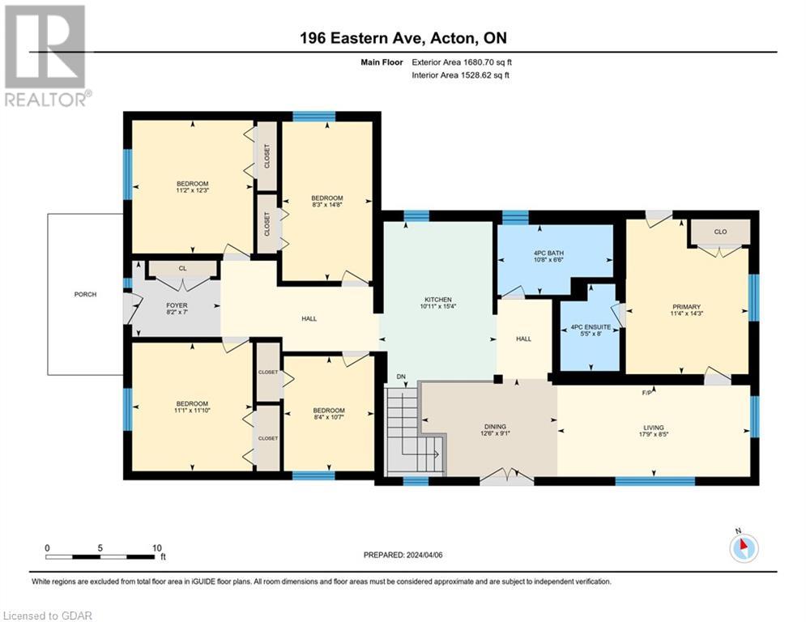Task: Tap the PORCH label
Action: click(85, 294)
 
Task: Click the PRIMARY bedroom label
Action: click(685, 307)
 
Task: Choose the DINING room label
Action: click(494, 427)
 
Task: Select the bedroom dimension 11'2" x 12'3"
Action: click(193, 191)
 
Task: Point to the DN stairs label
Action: click(400, 377)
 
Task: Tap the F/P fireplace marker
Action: click(647, 392)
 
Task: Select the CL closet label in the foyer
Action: click(182, 268)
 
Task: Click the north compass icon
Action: click(743, 547)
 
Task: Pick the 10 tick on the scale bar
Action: click(156, 547)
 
